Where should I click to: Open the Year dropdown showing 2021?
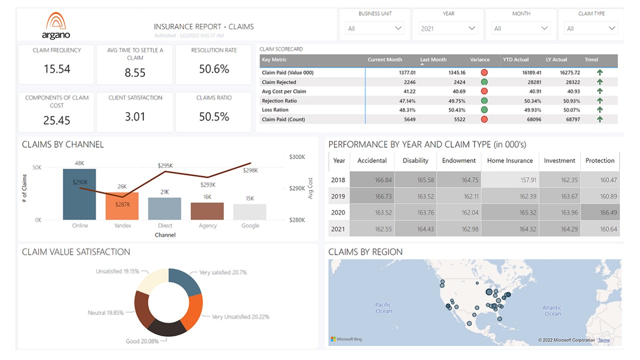[x=448, y=28]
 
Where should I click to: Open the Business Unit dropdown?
[x=375, y=28]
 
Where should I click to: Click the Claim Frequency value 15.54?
[x=56, y=69]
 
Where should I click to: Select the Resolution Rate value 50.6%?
[x=213, y=69]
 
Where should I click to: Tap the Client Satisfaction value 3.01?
[x=135, y=117]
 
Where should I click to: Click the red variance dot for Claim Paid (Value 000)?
[x=484, y=72]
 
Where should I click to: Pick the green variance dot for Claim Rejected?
[x=484, y=82]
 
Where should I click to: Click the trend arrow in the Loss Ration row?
[x=599, y=110]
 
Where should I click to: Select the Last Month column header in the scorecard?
[x=433, y=60]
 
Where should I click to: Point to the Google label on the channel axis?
[x=250, y=226]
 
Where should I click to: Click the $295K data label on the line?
[x=165, y=165]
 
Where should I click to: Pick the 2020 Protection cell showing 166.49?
[x=599, y=212]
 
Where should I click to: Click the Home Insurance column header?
[x=509, y=160]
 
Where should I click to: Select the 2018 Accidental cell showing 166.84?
[x=372, y=180]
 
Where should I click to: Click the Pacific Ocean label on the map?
[x=383, y=308]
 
